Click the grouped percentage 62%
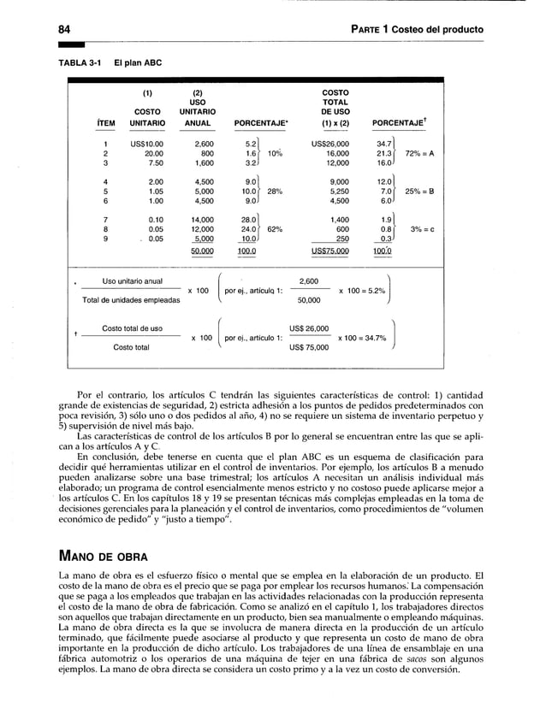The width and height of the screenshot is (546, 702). [276, 229]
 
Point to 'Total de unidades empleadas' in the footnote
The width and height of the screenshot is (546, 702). [133, 299]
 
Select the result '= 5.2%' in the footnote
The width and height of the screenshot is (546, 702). [369, 291]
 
